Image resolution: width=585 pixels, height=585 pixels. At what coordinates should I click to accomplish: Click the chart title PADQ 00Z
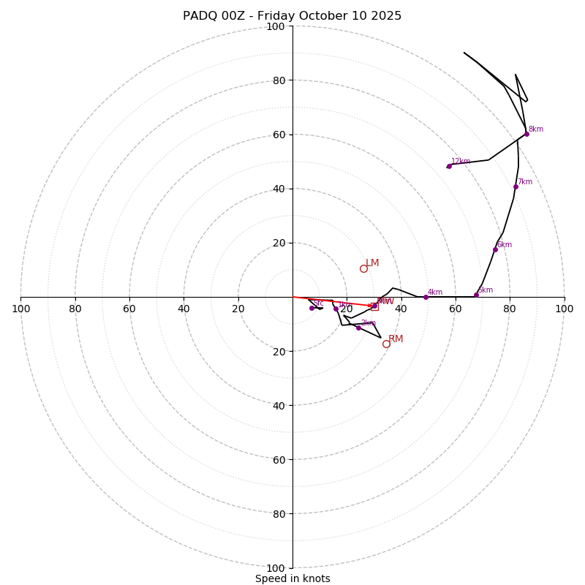pos(292,16)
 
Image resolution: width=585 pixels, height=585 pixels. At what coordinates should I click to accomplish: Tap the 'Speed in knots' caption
pos(292,578)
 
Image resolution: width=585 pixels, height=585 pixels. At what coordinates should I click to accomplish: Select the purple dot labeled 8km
pos(526,134)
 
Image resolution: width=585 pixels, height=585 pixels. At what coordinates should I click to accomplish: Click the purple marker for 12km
pos(449,166)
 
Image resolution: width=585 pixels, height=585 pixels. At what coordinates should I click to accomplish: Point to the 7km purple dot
pos(516,186)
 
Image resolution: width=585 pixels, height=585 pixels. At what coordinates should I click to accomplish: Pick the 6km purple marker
pos(495,249)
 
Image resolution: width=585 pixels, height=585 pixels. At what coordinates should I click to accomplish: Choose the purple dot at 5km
pos(476,295)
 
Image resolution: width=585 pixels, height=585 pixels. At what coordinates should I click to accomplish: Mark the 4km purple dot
pos(426,297)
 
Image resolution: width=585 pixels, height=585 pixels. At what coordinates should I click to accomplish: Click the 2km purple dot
pos(358,328)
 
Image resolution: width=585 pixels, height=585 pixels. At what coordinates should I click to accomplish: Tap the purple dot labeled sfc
pos(312,308)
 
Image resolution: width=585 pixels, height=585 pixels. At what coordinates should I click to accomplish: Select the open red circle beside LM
pos(363,268)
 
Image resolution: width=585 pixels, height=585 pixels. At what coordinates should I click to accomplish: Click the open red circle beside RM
pos(386,344)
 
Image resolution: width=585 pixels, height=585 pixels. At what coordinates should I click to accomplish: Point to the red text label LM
pos(372,263)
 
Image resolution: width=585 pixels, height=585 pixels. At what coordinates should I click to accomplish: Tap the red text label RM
pos(396,339)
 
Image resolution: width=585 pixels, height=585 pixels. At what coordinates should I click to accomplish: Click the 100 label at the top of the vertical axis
pos(276,26)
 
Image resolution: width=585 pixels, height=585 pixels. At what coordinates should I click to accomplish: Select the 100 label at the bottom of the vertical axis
pos(276,568)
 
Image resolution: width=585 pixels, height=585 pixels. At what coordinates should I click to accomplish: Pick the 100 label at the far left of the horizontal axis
pos(20,309)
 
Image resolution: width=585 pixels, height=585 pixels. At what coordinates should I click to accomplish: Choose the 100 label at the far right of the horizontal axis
pos(564,309)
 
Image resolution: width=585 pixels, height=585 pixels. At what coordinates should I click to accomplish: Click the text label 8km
pos(536,129)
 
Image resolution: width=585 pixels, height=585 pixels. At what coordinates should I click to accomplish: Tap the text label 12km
pos(461,162)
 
